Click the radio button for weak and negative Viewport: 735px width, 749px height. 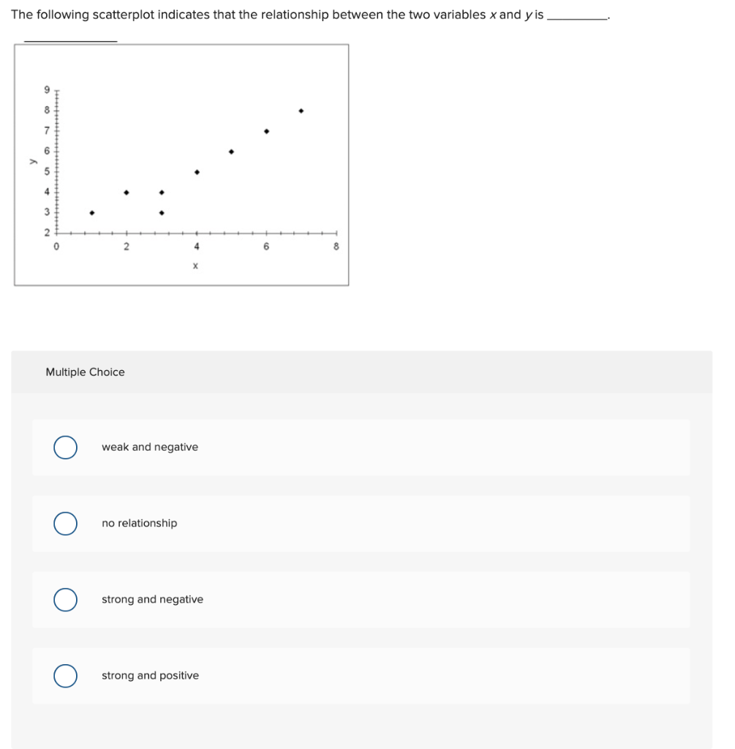(x=66, y=447)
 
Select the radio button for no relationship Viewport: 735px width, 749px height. (x=66, y=523)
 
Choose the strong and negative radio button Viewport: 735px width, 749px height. (x=66, y=599)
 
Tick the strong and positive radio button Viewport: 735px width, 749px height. (x=66, y=675)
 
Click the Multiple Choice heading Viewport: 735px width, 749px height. (x=85, y=372)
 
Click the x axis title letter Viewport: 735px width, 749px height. (x=195, y=266)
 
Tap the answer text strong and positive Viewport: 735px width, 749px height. (x=150, y=675)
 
